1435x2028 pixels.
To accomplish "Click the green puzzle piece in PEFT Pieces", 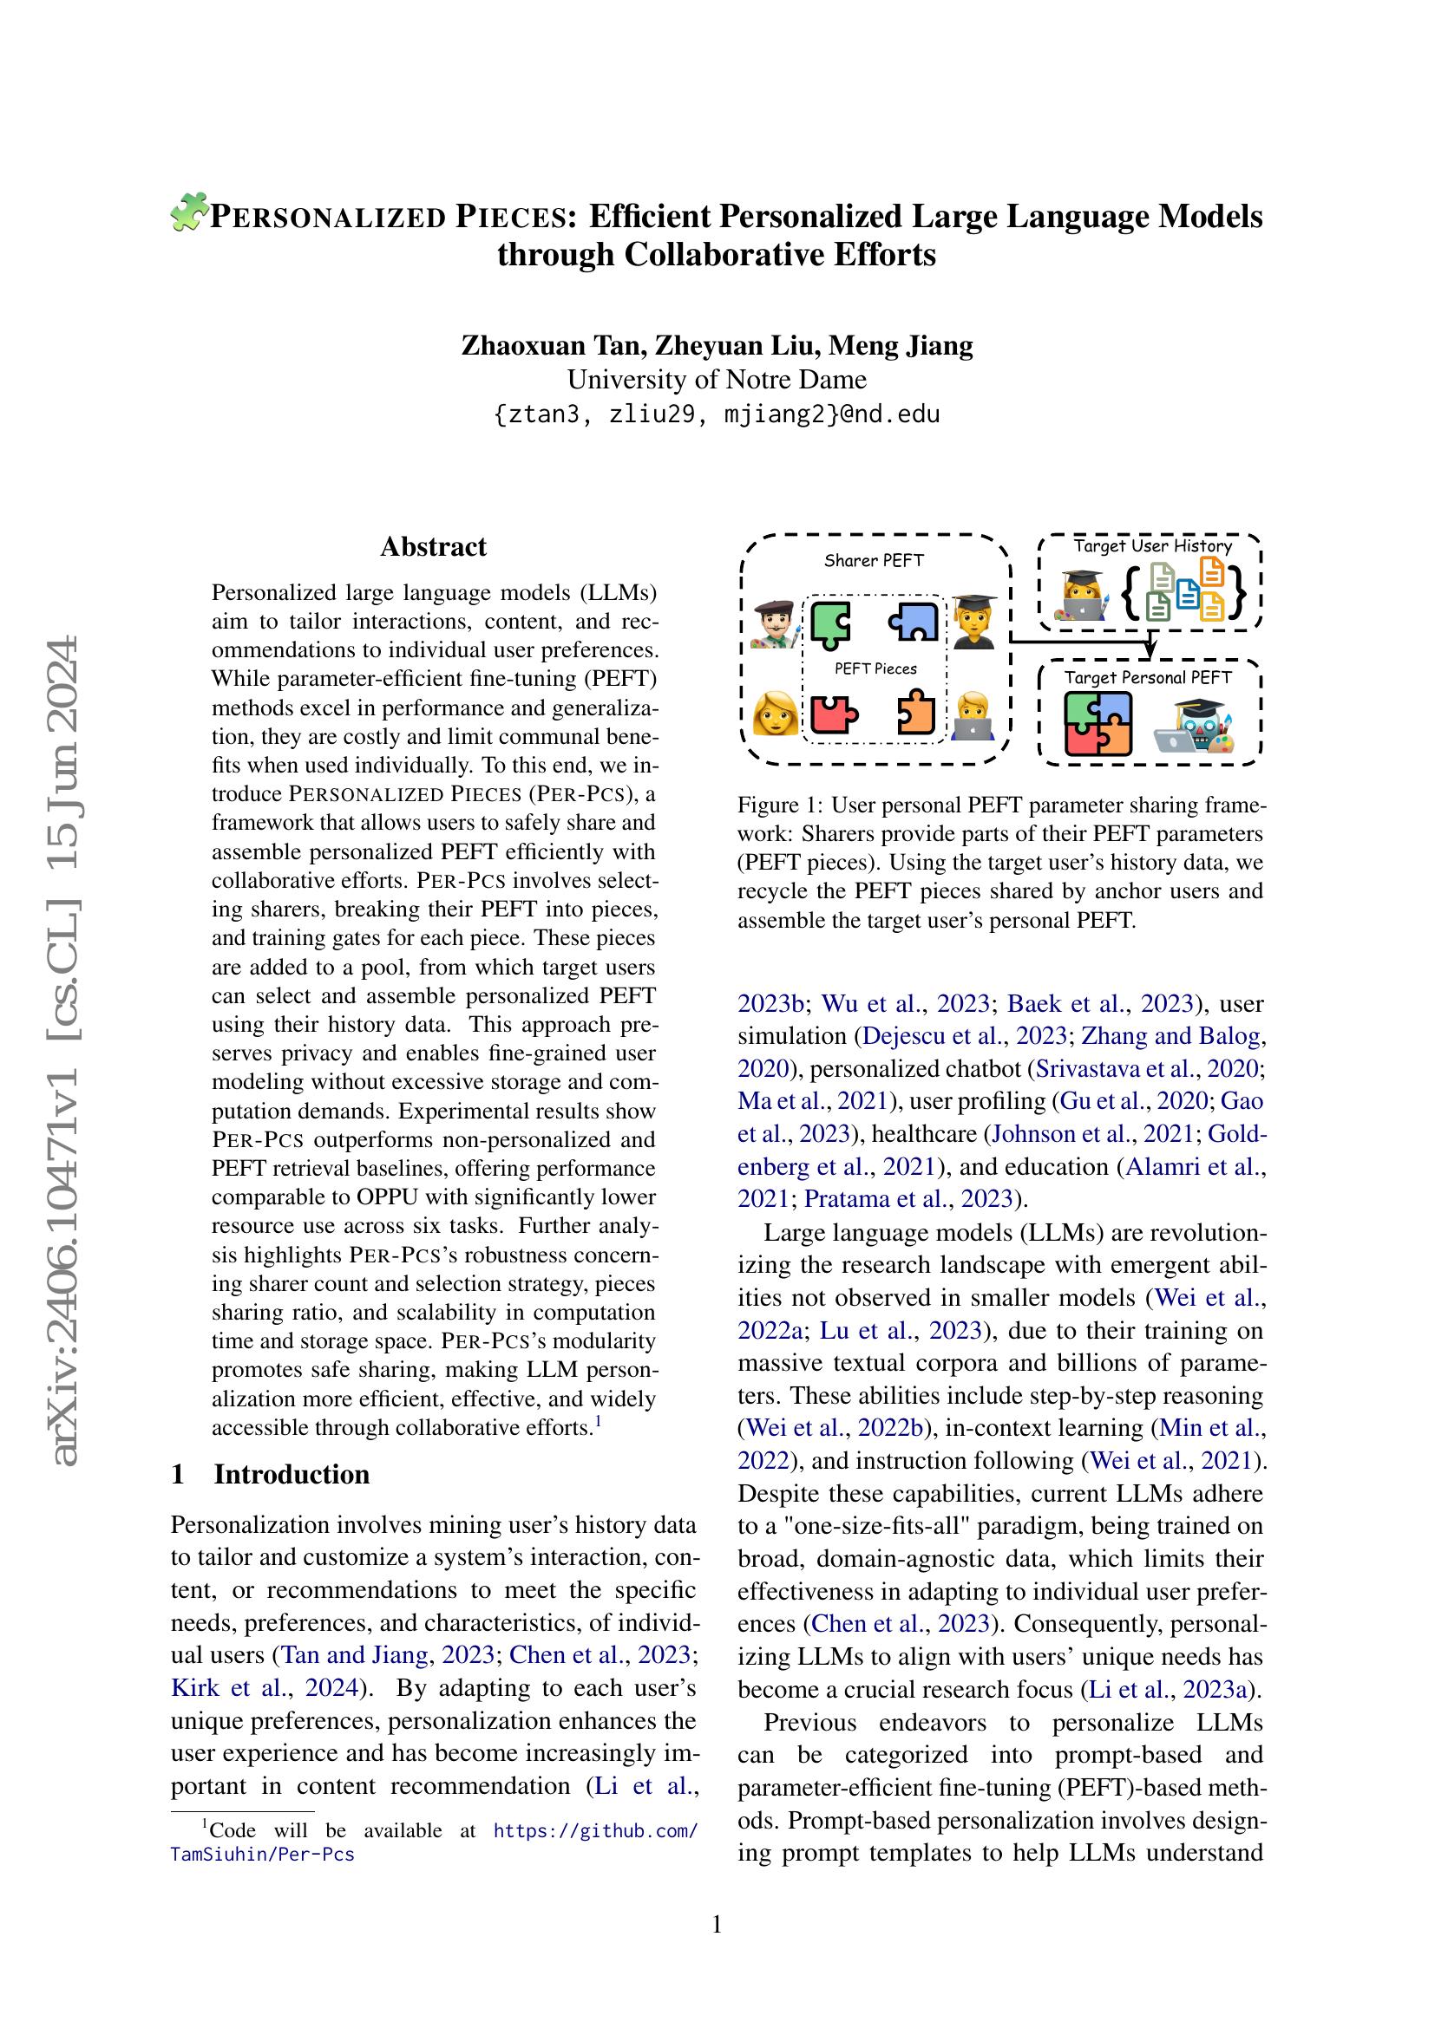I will (830, 624).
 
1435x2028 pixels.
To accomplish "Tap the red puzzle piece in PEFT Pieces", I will (831, 714).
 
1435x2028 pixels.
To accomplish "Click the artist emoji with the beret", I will (774, 625).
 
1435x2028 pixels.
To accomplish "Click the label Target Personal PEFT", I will (1147, 677).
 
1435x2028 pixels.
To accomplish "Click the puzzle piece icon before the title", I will (187, 213).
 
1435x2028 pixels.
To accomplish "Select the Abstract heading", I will (433, 547).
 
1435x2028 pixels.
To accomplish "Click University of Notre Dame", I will (717, 380).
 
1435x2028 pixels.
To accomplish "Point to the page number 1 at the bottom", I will (717, 1924).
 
